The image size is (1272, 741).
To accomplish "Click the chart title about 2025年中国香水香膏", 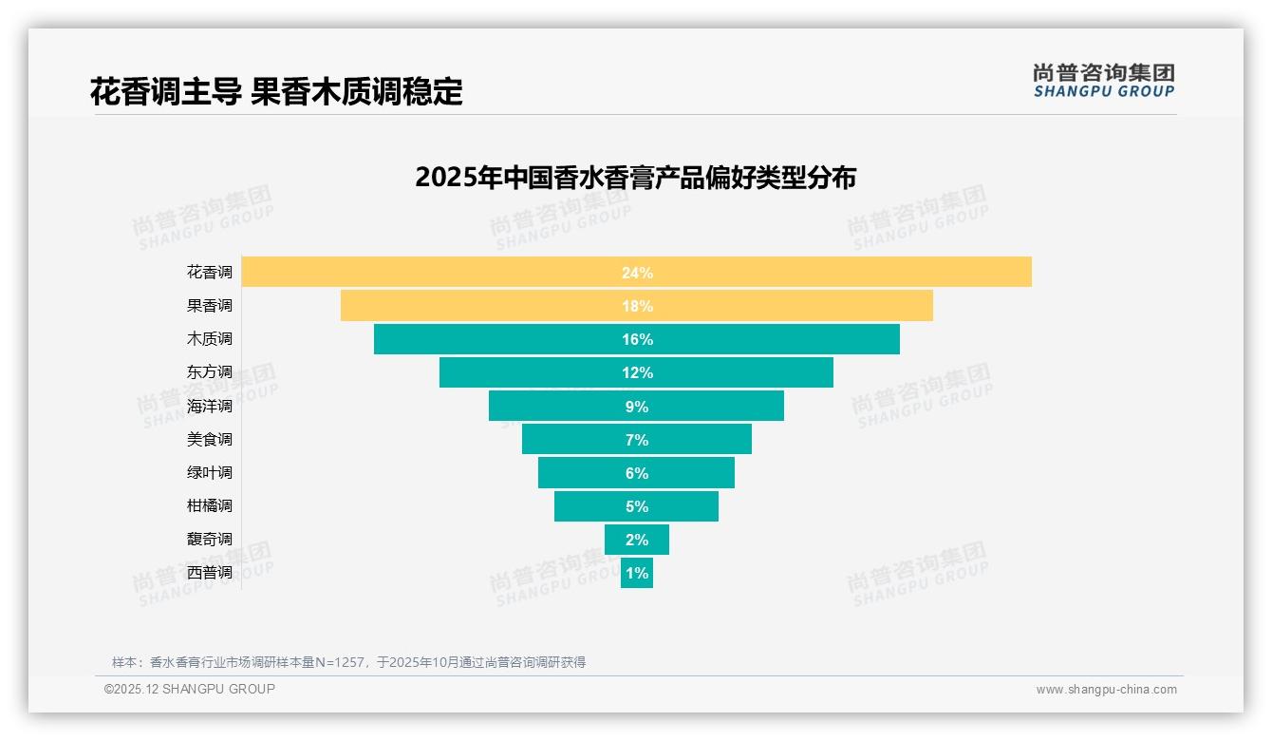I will coord(636,178).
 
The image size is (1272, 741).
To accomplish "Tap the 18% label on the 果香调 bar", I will coord(637,306).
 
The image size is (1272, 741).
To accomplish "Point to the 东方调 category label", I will coord(209,372).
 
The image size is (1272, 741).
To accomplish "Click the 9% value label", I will coord(637,407).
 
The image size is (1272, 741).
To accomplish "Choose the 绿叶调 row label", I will coord(209,472).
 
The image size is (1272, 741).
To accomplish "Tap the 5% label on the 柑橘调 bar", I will coord(637,506).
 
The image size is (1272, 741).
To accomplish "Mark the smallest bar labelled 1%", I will coord(637,573).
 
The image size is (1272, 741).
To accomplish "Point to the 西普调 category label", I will coord(209,572).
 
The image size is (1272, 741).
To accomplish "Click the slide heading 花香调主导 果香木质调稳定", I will coord(276,92).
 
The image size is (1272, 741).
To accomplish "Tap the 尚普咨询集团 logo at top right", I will coord(1103,81).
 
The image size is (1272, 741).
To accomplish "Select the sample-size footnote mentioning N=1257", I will coord(348,662).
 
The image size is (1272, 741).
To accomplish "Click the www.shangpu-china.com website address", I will coord(1106,690).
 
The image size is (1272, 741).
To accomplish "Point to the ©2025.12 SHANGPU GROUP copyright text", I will coord(190,689).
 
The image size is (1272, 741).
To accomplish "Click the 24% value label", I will coord(637,273).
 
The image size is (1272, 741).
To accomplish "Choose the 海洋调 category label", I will coord(209,406).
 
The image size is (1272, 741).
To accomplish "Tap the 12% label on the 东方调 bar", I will coord(637,372).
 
